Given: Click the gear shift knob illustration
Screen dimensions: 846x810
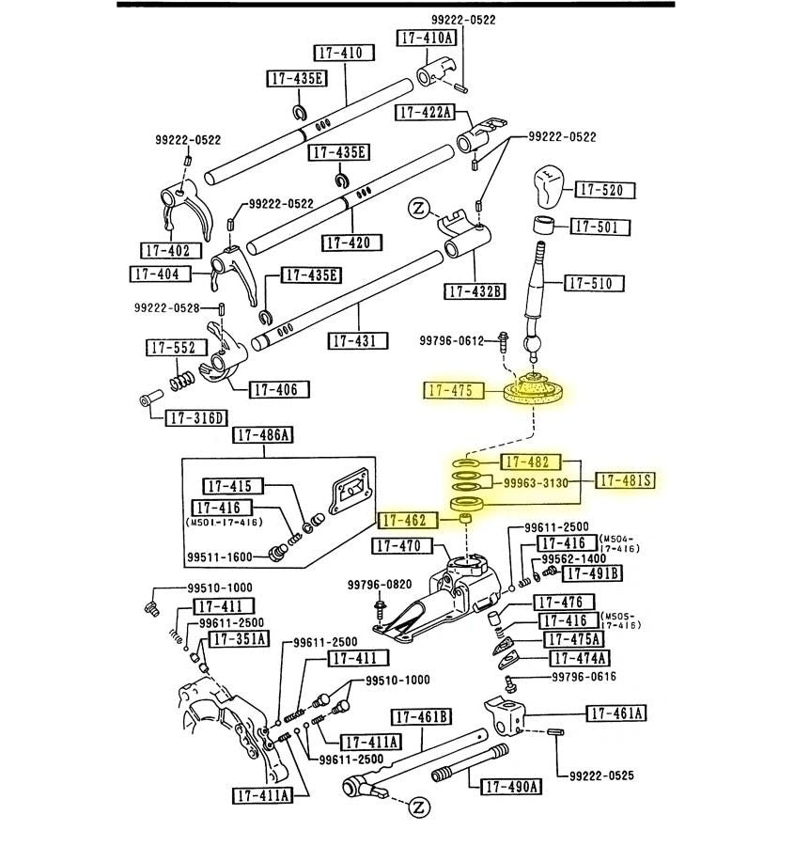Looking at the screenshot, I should click(x=548, y=191).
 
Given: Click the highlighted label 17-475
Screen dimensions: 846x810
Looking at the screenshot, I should click(x=455, y=390).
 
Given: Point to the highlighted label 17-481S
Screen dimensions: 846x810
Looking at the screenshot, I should click(x=625, y=480).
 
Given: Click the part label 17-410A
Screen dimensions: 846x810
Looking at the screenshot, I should click(x=427, y=38).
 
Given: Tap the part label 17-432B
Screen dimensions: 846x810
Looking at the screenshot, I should click(x=476, y=291).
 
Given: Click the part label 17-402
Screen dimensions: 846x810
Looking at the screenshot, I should click(x=167, y=251).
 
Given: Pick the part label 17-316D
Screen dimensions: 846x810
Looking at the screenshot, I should click(x=196, y=418).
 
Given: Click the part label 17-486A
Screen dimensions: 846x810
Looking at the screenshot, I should click(x=263, y=434).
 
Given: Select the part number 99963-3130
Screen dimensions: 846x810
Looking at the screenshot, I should click(x=536, y=483).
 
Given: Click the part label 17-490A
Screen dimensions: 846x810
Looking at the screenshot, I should click(x=512, y=787).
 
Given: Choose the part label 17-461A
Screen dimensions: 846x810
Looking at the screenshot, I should click(x=616, y=713).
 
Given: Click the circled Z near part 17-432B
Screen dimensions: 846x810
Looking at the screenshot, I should click(x=419, y=208).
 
